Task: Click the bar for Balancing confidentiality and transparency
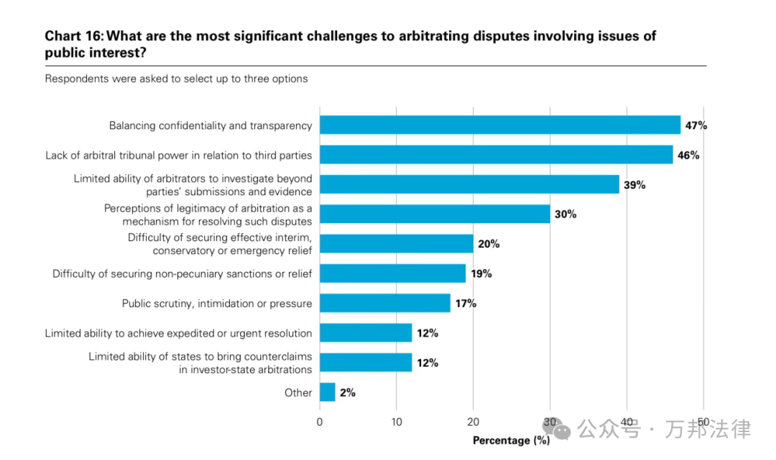499,125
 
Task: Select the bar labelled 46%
496,154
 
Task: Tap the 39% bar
469,184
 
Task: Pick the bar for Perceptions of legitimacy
435,214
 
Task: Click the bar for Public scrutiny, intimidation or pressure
384,303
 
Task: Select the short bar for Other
327,392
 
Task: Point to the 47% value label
696,126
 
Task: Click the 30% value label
565,215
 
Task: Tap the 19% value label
481,273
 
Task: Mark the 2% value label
348,393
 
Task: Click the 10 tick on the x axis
397,422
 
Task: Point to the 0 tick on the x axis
320,422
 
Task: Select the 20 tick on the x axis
473,422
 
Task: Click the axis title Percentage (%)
511,440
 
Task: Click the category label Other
298,393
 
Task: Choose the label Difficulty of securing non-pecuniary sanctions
183,273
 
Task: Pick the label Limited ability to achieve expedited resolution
178,333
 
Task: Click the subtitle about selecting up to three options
176,78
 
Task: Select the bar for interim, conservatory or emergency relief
396,244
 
